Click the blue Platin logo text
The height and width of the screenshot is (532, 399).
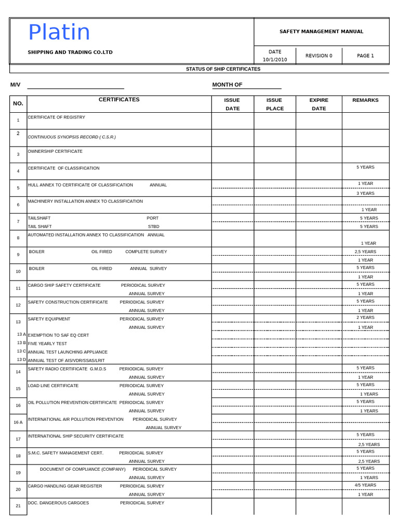[59, 33]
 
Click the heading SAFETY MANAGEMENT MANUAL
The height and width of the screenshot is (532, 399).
[321, 32]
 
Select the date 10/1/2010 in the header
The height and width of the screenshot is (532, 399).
[275, 60]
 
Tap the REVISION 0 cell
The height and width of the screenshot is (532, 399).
[318, 56]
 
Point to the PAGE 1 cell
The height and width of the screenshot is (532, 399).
[365, 56]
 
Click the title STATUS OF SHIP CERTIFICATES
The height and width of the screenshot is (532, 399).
[223, 69]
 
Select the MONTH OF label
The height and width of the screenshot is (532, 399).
[227, 85]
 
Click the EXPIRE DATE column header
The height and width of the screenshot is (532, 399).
[318, 104]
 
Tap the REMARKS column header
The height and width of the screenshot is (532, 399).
[365, 100]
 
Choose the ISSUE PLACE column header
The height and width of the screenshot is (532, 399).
[274, 104]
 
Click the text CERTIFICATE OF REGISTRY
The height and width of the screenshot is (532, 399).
[56, 117]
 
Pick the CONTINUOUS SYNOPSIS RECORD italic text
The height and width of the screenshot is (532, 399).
[72, 137]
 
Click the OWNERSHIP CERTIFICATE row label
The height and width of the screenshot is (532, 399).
[55, 151]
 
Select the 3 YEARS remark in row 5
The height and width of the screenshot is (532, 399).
[365, 193]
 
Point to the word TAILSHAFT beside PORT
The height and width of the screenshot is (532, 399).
[39, 218]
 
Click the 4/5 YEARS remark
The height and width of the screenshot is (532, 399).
[365, 485]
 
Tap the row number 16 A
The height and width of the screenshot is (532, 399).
[18, 422]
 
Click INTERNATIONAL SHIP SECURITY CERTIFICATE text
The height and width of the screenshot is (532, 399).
[76, 436]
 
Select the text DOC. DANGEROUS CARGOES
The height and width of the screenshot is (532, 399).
[58, 503]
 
